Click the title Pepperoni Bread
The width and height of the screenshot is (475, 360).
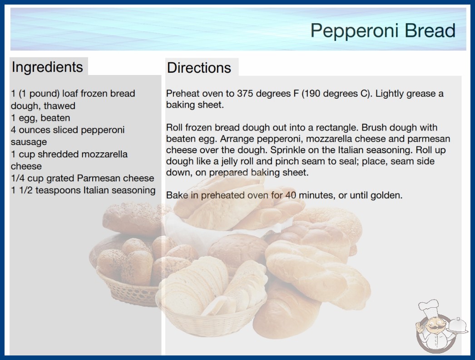point(383,30)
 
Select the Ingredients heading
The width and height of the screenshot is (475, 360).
point(47,67)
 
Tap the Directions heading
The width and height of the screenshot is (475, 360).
point(199,68)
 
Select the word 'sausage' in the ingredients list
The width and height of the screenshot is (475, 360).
point(29,142)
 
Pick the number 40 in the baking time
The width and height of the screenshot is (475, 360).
point(291,195)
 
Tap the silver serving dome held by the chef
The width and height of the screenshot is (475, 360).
point(458,325)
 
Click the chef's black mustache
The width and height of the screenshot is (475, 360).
point(435,328)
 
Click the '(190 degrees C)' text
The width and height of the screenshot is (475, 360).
point(336,94)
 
